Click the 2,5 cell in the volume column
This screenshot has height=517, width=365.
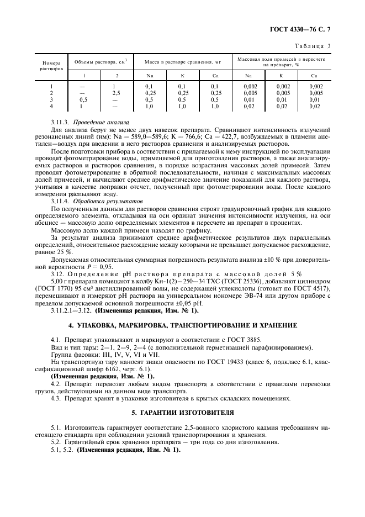coord(117,93)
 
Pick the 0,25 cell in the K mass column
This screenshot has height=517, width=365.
coord(182,93)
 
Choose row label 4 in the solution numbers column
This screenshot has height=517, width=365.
coord(51,105)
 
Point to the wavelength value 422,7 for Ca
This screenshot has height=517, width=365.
coord(242,136)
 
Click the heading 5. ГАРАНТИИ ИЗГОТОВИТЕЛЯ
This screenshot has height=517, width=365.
coord(182,413)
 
